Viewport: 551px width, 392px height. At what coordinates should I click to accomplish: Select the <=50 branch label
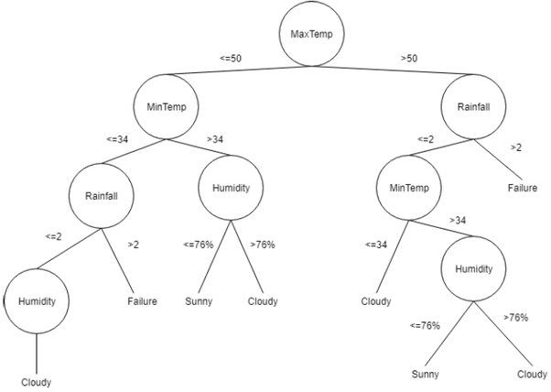click(231, 58)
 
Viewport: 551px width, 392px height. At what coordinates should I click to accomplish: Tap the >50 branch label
click(409, 58)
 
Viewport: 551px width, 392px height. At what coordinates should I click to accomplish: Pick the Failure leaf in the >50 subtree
click(523, 188)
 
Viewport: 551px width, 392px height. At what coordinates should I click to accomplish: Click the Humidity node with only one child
click(35, 299)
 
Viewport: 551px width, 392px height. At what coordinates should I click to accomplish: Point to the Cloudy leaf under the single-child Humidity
click(37, 382)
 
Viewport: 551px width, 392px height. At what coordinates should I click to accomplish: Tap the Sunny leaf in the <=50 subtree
click(198, 299)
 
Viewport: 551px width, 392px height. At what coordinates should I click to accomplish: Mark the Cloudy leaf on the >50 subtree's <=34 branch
click(375, 300)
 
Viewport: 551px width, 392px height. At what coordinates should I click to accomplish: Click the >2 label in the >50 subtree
click(517, 147)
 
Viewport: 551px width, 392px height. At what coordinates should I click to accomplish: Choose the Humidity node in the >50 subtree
click(473, 269)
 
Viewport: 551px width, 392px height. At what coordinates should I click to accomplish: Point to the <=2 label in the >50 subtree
click(426, 139)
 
